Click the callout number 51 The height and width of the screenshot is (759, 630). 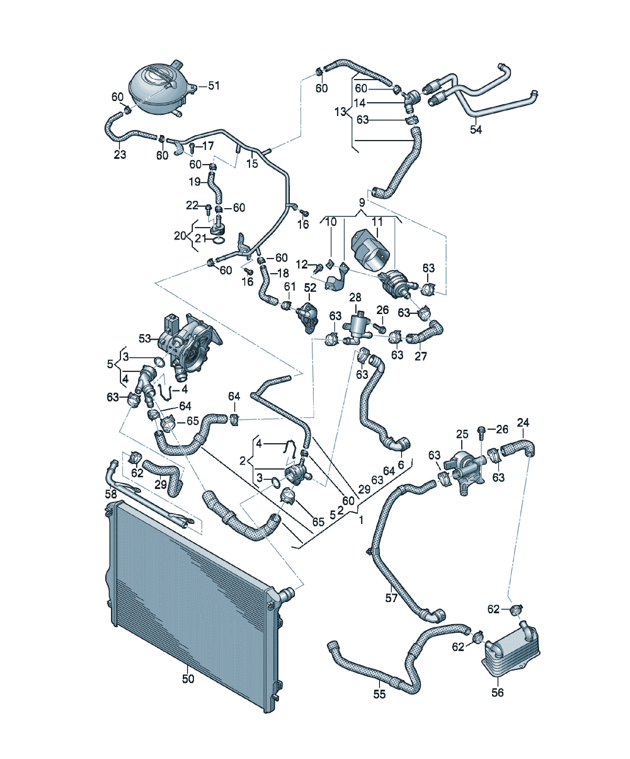click(x=214, y=86)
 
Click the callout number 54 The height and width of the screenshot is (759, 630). click(x=476, y=129)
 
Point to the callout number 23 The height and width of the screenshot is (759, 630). click(x=120, y=155)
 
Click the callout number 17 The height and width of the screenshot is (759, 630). click(x=208, y=146)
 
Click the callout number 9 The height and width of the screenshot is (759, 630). click(x=362, y=203)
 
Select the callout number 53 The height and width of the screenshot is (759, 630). click(x=145, y=339)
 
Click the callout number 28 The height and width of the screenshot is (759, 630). click(x=355, y=297)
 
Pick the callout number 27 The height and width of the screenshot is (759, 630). click(x=421, y=356)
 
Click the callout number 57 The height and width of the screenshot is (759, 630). click(x=391, y=598)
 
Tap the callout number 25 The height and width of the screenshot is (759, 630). click(x=462, y=434)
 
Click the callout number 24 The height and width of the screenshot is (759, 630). click(x=523, y=423)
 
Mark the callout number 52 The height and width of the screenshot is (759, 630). click(x=310, y=288)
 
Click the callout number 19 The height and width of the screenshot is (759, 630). click(x=195, y=182)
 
